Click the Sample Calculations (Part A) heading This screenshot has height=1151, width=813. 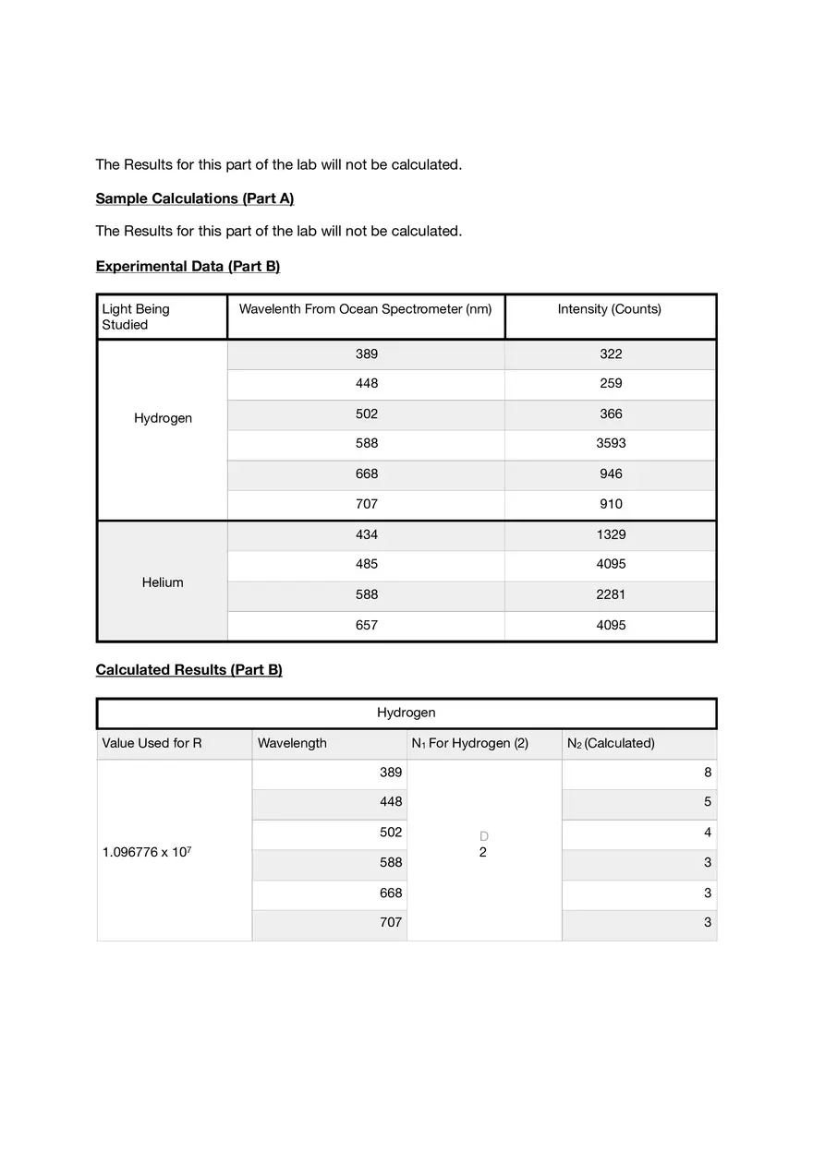pyautogui.click(x=194, y=198)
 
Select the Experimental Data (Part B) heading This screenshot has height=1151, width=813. pyautogui.click(x=188, y=266)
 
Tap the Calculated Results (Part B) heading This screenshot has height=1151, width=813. pyautogui.click(x=188, y=669)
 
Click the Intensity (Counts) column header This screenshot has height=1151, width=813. pyautogui.click(x=609, y=309)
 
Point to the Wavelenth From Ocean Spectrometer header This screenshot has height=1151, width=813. pyautogui.click(x=365, y=309)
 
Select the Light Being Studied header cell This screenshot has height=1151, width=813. pyautogui.click(x=136, y=317)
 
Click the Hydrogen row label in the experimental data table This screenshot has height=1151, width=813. pyautogui.click(x=163, y=418)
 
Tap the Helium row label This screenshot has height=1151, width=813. pyautogui.click(x=163, y=582)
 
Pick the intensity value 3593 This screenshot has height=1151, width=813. pyautogui.click(x=611, y=443)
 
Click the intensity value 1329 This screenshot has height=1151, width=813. pyautogui.click(x=611, y=534)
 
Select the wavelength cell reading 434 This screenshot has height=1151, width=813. pyautogui.click(x=367, y=534)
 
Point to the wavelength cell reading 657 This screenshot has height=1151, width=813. pyautogui.click(x=367, y=625)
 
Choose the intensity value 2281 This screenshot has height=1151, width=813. pyautogui.click(x=611, y=594)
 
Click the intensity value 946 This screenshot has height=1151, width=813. pyautogui.click(x=611, y=474)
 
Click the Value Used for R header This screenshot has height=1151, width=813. pyautogui.click(x=152, y=743)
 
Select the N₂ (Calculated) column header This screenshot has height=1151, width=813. pyautogui.click(x=611, y=743)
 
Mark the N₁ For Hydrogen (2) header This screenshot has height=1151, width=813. pyautogui.click(x=469, y=743)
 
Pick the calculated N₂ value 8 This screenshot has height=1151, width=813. pyautogui.click(x=708, y=773)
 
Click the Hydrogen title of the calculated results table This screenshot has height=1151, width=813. pyautogui.click(x=406, y=713)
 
